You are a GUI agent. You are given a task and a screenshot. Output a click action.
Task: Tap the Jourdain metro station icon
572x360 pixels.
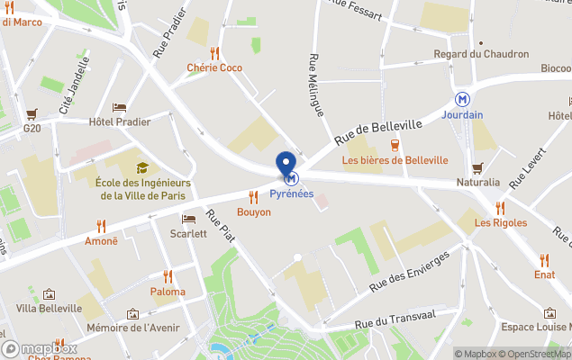point(462,99)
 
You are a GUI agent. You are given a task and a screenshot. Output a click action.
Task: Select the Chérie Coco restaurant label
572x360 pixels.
point(214,67)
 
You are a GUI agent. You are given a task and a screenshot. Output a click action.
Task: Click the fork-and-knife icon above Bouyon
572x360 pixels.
point(253,196)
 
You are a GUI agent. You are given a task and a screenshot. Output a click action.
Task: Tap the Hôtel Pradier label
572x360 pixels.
point(120,121)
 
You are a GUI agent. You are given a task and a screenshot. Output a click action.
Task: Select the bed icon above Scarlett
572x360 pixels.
point(188,219)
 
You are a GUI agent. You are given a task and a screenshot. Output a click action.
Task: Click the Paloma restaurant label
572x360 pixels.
point(168,292)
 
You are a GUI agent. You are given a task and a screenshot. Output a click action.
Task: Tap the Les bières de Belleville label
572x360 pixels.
point(395,160)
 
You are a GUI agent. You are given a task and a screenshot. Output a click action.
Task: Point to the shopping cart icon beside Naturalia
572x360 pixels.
point(477,167)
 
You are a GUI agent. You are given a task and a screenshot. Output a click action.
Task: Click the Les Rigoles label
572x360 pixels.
point(500,223)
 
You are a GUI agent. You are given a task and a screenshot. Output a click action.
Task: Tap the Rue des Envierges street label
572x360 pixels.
point(409,272)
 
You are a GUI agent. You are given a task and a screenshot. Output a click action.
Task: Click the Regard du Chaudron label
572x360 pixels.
point(480,54)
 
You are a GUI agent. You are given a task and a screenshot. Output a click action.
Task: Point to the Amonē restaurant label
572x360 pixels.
point(101,241)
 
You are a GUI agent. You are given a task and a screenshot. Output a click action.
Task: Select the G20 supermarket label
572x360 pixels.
point(33,128)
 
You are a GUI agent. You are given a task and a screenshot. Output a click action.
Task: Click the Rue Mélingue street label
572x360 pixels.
point(315,85)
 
